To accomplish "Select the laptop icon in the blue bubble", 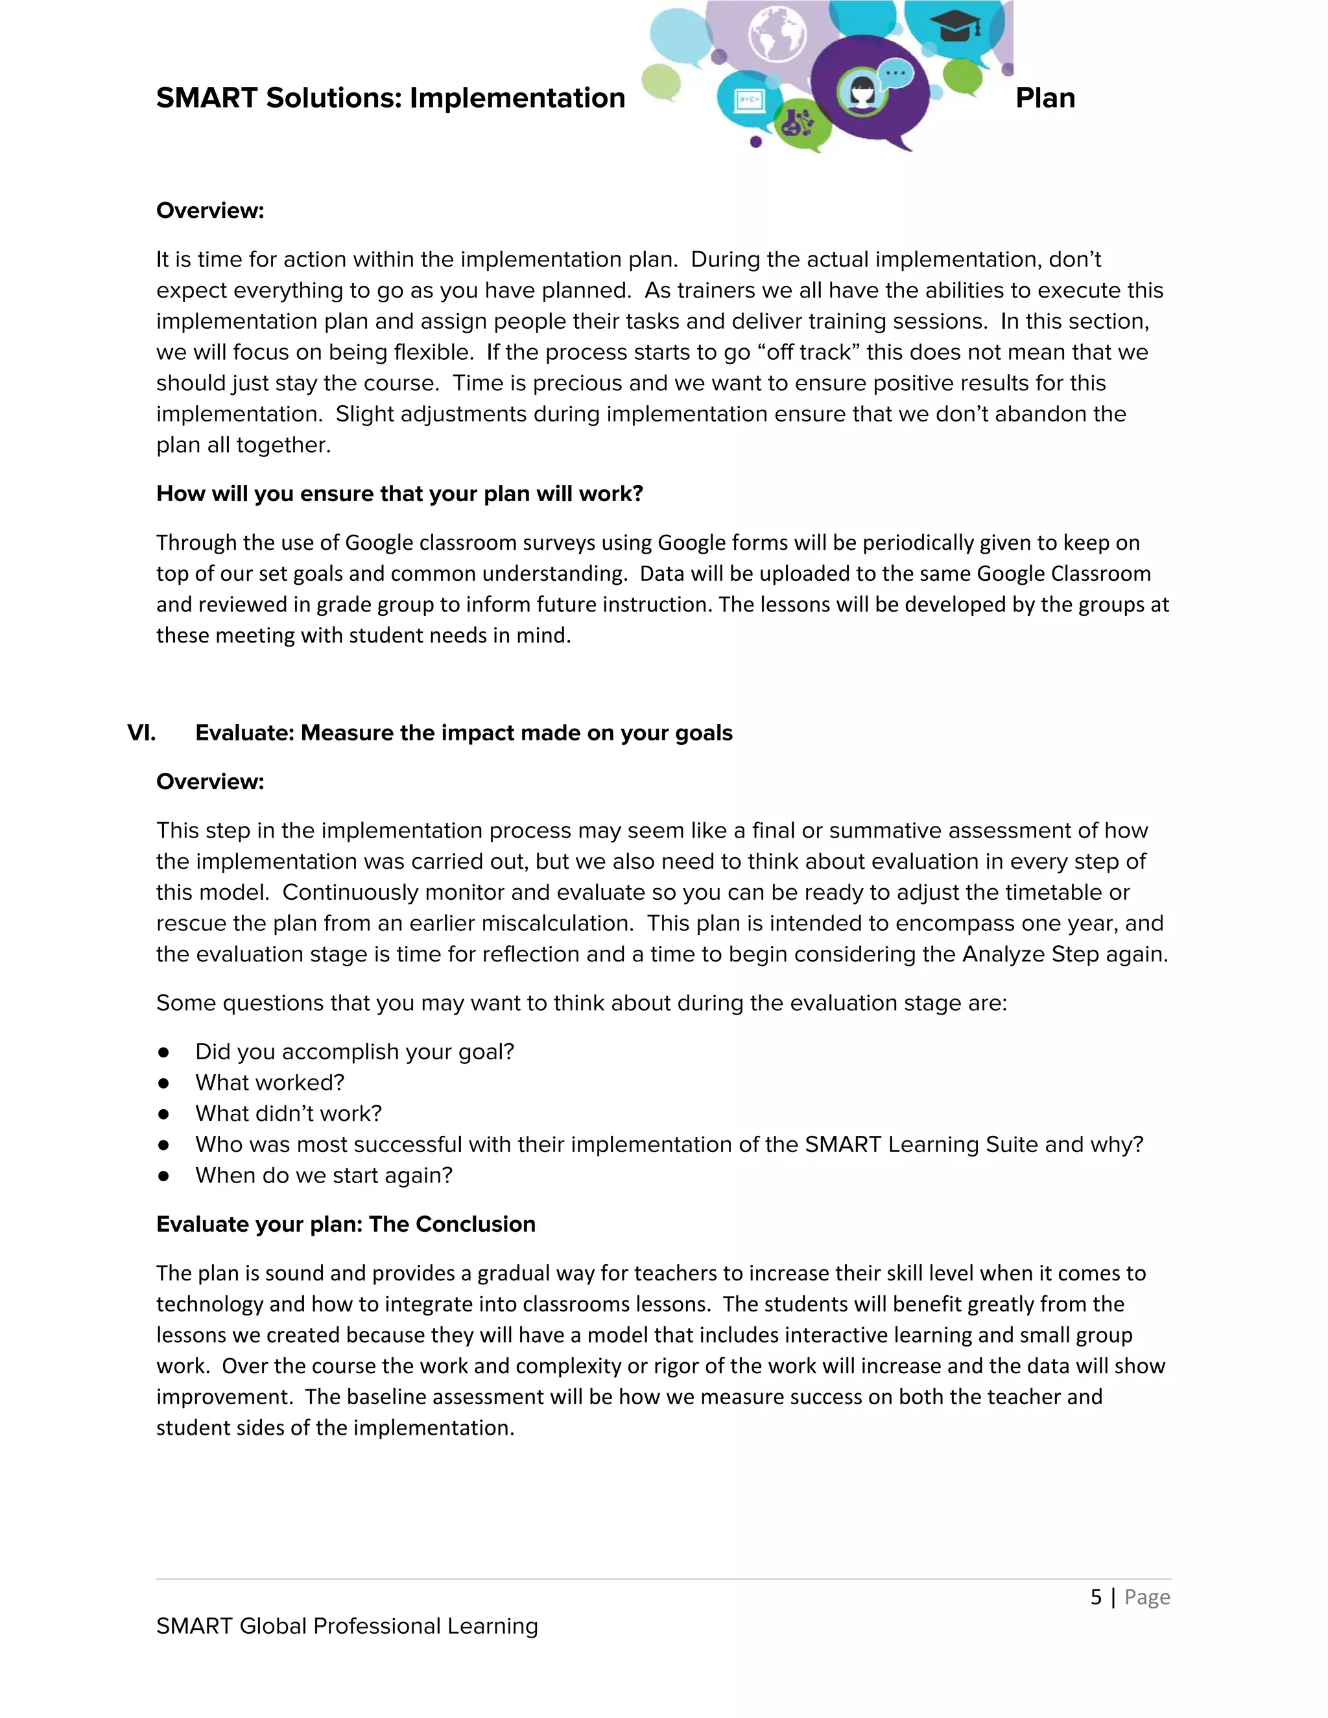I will (748, 100).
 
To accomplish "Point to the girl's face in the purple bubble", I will (862, 92).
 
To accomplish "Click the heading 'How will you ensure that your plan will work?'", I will (399, 494).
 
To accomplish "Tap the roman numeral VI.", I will (141, 733).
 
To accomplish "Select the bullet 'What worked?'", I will (270, 1083).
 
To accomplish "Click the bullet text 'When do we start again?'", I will (324, 1175).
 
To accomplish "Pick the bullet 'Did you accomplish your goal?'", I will (354, 1052).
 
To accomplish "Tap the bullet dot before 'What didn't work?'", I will (163, 1114).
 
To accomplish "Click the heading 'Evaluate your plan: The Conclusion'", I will (346, 1224).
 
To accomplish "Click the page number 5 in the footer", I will (1096, 1597).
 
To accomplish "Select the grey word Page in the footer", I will (1147, 1597).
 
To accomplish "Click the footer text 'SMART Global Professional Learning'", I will (347, 1626).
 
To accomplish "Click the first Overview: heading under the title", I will (210, 211).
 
